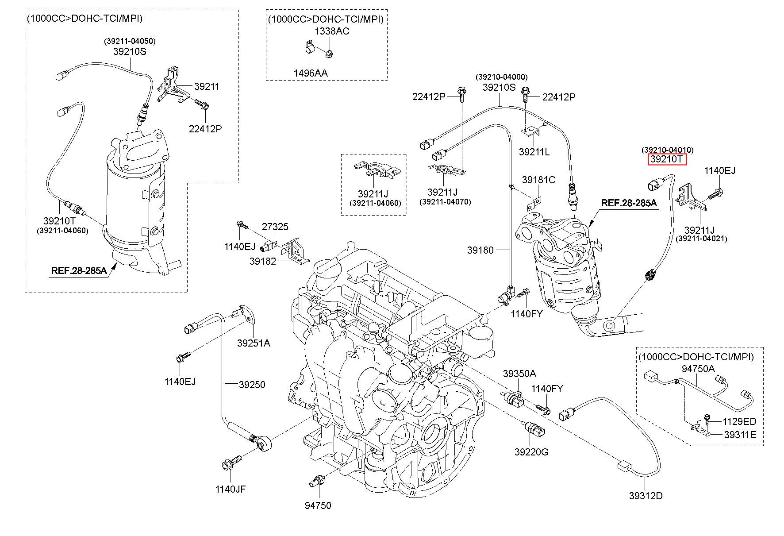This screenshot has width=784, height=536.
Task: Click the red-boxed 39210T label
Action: pyautogui.click(x=667, y=159)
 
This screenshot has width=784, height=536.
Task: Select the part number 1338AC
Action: pyautogui.click(x=332, y=31)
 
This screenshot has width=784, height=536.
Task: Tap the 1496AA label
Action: pyautogui.click(x=311, y=73)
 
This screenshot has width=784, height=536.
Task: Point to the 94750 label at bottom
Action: pyautogui.click(x=318, y=505)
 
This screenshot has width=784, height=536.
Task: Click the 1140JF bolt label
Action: pyautogui.click(x=231, y=489)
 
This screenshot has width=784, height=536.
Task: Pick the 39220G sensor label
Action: pyautogui.click(x=531, y=452)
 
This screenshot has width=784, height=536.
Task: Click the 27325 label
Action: pyautogui.click(x=275, y=227)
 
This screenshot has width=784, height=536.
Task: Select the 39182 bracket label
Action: pyautogui.click(x=262, y=261)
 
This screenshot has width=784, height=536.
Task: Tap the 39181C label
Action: pyautogui.click(x=538, y=180)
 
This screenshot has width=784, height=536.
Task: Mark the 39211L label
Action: pyautogui.click(x=534, y=152)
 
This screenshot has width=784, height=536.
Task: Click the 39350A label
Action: pyautogui.click(x=519, y=374)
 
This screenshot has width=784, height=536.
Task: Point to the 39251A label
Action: pyautogui.click(x=254, y=343)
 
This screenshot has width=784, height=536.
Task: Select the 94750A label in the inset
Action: pyautogui.click(x=698, y=369)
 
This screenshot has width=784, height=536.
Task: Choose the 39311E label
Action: pyautogui.click(x=740, y=435)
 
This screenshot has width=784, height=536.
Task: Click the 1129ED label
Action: pyautogui.click(x=739, y=421)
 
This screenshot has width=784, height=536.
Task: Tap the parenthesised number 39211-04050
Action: pyautogui.click(x=130, y=41)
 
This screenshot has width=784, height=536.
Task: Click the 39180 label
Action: pyautogui.click(x=480, y=251)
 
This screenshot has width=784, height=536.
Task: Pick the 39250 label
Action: pyautogui.click(x=252, y=385)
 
